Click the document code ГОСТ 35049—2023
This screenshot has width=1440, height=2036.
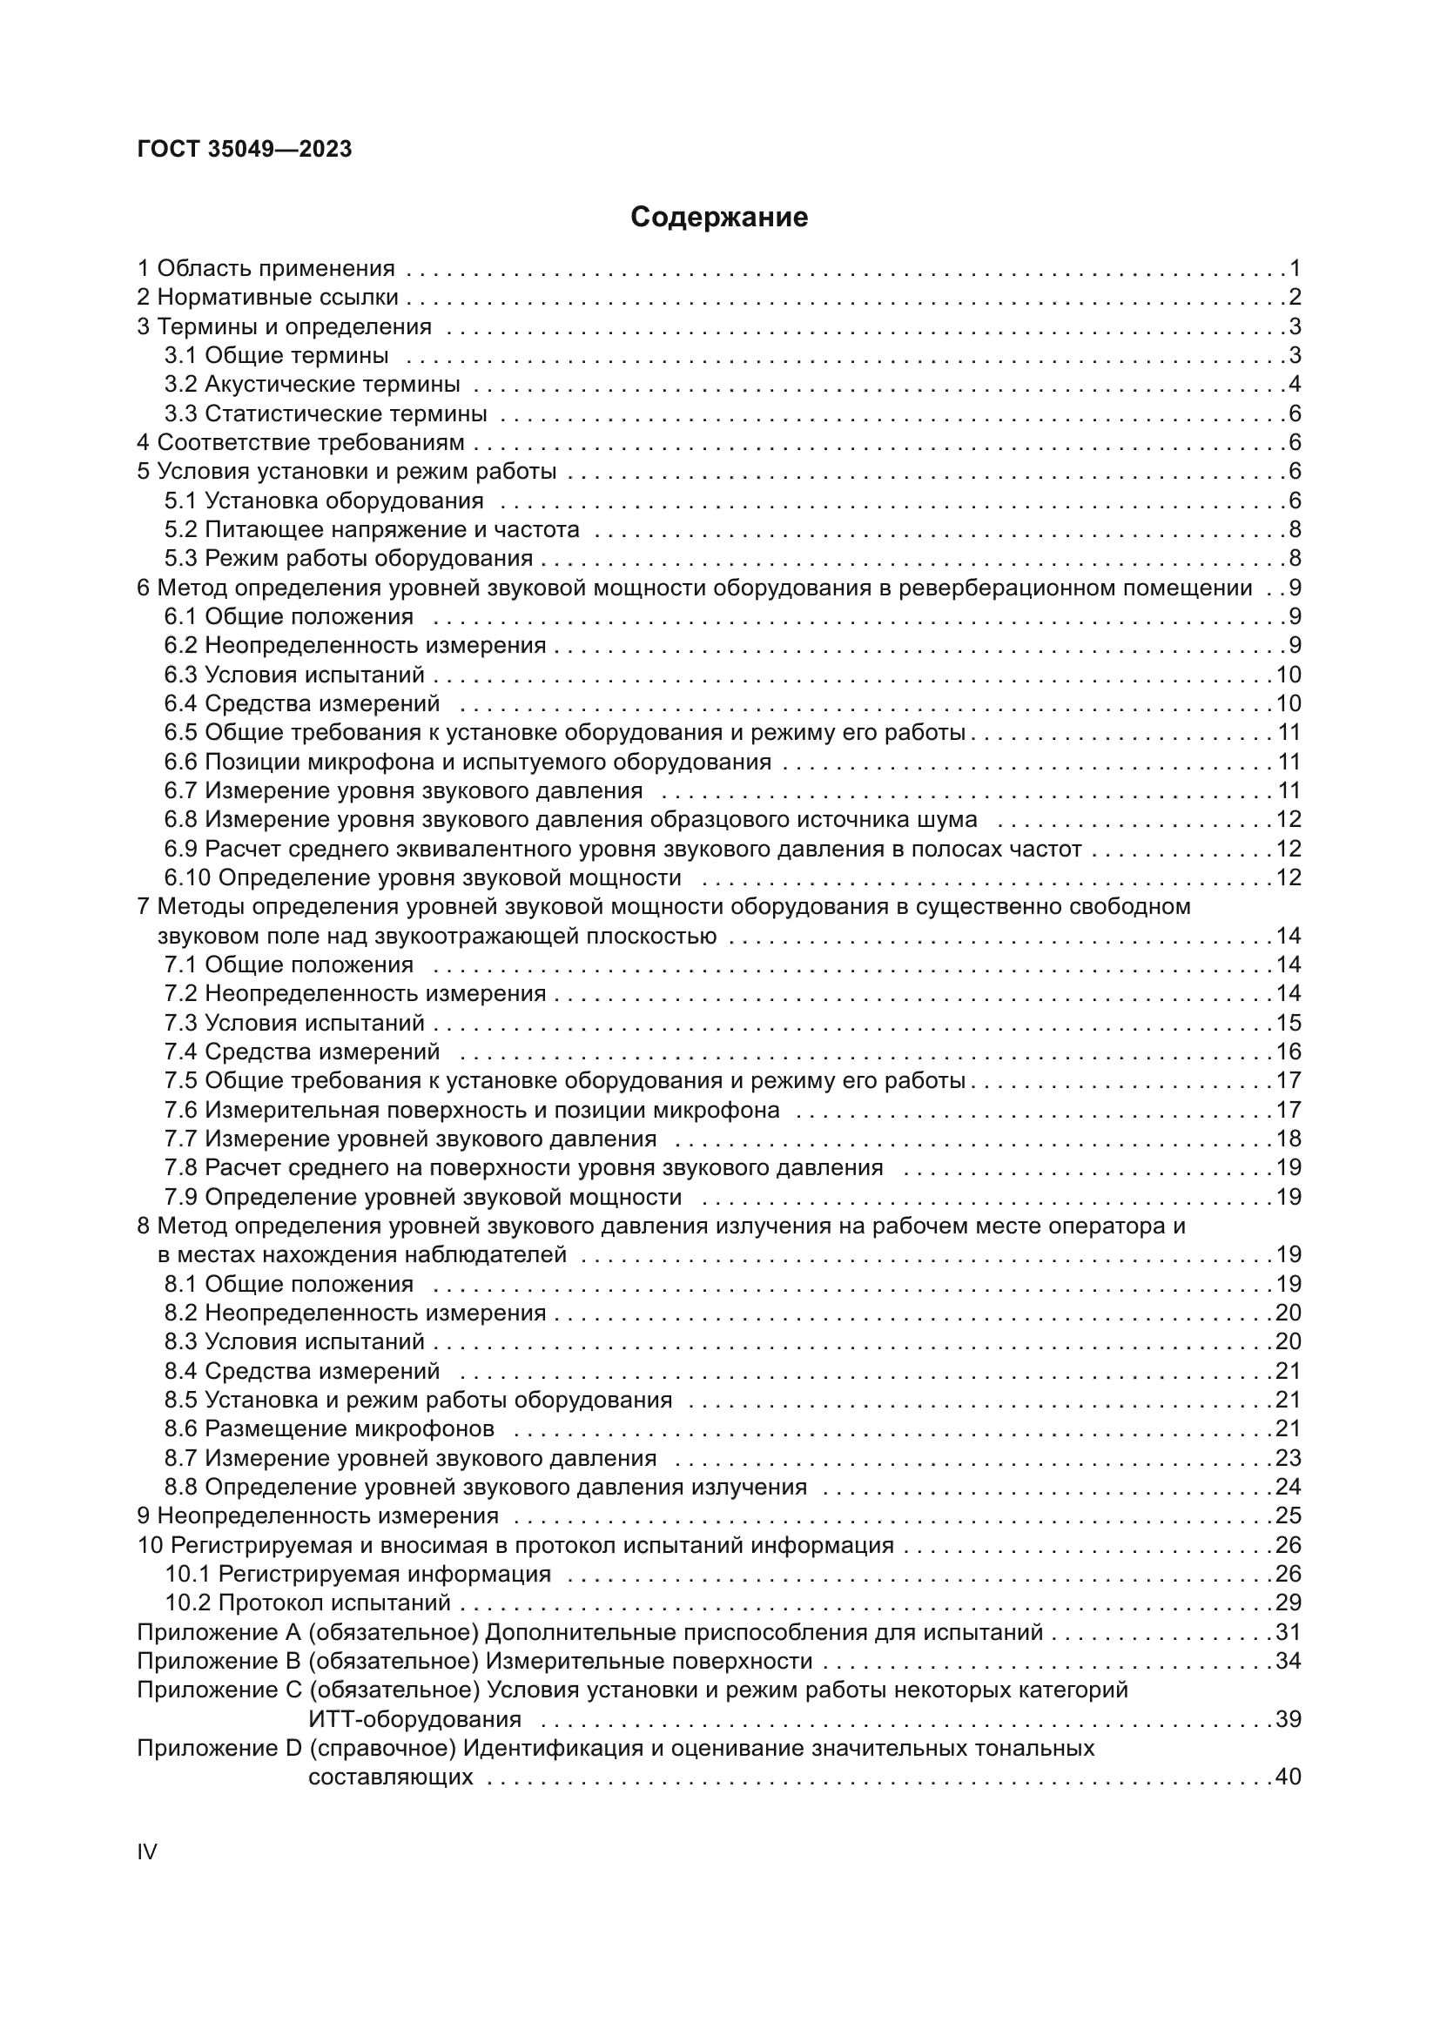pos(245,149)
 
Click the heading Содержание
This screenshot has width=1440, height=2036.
pos(718,218)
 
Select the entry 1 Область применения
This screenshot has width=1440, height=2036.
pos(266,268)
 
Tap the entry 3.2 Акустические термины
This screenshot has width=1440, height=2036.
pos(313,384)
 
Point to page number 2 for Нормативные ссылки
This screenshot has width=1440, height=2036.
pos(1295,297)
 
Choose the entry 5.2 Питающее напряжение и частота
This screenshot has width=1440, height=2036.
pos(372,529)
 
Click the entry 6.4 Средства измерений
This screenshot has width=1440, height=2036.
pos(302,703)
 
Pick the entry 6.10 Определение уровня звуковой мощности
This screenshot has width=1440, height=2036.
pos(423,877)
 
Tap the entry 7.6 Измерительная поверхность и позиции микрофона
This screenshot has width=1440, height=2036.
pos(472,1109)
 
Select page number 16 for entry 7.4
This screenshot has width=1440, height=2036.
pos(1288,1051)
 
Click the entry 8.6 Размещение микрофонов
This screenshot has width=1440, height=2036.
pos(329,1428)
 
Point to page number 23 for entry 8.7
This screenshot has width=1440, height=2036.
pos(1288,1458)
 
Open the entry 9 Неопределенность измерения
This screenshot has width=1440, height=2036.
pos(318,1515)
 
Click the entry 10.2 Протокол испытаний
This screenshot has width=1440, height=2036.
pos(307,1603)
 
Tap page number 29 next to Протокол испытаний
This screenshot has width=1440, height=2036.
pos(1288,1603)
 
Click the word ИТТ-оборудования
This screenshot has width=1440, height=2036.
pos(414,1718)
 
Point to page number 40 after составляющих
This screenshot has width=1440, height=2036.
pos(1288,1777)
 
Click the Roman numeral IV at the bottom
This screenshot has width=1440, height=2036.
pos(147,1851)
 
